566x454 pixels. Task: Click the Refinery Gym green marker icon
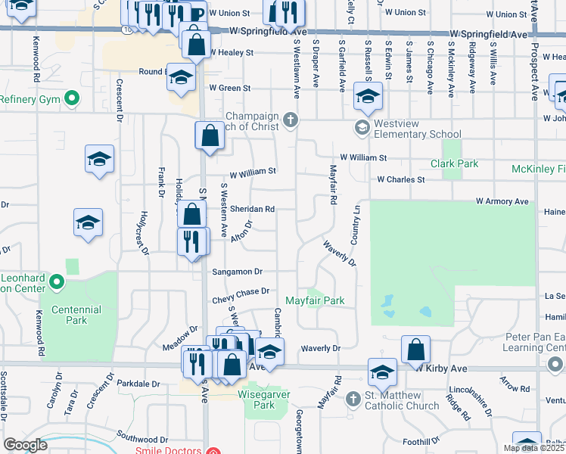pos(73,98)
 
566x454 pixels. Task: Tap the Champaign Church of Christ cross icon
pos(291,120)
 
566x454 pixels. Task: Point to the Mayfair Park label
pos(315,300)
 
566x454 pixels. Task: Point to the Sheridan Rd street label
pos(252,209)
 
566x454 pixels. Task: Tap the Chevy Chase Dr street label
pos(241,291)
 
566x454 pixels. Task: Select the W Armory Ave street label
pos(502,201)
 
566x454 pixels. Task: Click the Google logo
pos(25,445)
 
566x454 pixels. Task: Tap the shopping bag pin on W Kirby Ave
pos(415,350)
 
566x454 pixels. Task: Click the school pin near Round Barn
pos(181,79)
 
